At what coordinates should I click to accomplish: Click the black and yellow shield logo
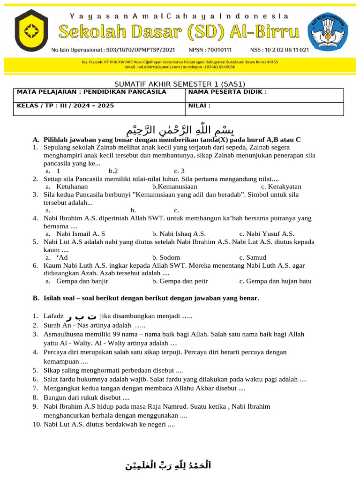31,31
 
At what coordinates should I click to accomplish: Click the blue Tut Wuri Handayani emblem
328,31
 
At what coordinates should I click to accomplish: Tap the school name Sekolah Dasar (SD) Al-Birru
178,32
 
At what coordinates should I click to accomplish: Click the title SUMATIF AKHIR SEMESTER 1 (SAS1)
180,84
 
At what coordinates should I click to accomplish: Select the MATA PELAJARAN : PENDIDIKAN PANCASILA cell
92,92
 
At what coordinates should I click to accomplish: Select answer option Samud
256,257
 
